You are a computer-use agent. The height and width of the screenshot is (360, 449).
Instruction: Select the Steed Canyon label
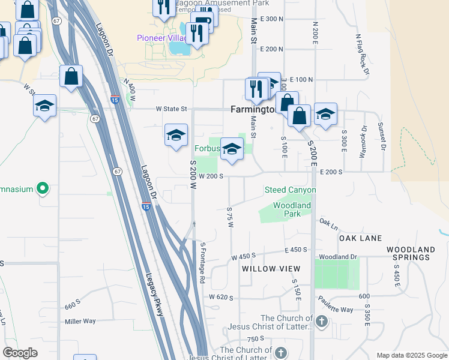click(x=290, y=190)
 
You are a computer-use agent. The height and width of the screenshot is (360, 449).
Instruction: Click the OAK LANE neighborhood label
click(x=361, y=238)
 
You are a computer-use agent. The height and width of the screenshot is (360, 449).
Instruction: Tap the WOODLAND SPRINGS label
click(x=411, y=253)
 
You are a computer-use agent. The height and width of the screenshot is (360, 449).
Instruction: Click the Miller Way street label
click(x=80, y=321)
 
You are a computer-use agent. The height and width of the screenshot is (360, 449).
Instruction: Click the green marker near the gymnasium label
click(x=42, y=189)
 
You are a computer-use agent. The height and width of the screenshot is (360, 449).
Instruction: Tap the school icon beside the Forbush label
click(x=231, y=150)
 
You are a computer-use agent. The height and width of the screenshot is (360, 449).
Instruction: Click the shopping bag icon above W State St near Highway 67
click(x=71, y=77)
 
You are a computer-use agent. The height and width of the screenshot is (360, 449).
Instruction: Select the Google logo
click(x=20, y=353)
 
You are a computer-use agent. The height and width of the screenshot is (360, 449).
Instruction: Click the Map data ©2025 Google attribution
click(x=411, y=355)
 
